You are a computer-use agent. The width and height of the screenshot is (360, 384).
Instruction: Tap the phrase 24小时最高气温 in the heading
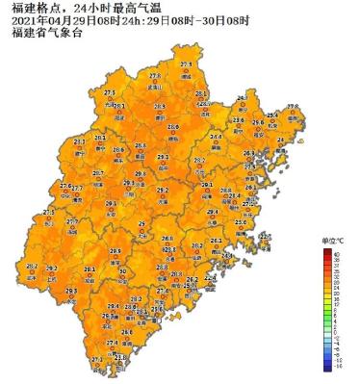[x=100, y=9]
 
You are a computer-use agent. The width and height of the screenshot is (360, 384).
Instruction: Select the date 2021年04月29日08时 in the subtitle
[x=52, y=20]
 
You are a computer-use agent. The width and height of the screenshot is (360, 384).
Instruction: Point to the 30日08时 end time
[x=223, y=20]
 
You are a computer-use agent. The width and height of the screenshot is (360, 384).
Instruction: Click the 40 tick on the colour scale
[x=338, y=252]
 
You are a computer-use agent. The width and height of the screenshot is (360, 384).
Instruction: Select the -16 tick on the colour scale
[x=339, y=367]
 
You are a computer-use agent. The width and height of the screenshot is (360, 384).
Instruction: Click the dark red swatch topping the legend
[x=327, y=252]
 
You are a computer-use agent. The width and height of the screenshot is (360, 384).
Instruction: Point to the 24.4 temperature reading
[x=217, y=137]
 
